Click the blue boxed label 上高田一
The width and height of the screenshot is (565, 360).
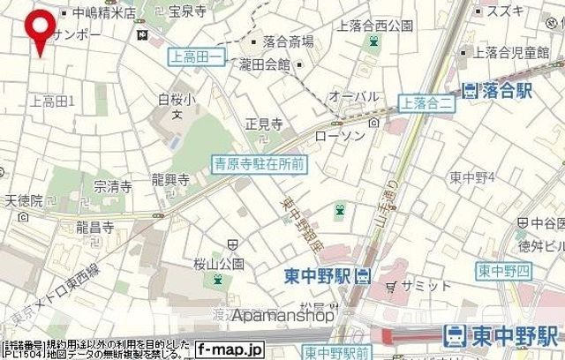[x=196, y=56]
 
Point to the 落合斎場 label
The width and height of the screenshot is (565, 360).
[x=288, y=41]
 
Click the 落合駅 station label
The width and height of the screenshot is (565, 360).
[x=499, y=89]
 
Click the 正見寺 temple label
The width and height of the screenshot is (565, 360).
[x=263, y=124]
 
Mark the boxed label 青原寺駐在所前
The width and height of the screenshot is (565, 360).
[x=260, y=162]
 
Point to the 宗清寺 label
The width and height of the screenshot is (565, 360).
[x=113, y=186]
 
